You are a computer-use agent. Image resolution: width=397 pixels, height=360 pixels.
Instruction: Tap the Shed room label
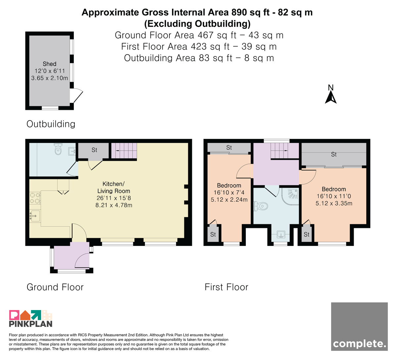pyautogui.click(x=50, y=64)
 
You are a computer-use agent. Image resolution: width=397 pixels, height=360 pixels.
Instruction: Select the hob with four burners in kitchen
pyautogui.click(x=35, y=198)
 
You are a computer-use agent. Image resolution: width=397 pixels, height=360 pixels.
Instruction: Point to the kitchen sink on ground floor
pyautogui.click(x=35, y=216)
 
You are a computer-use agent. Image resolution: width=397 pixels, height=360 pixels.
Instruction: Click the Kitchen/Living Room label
pyautogui.click(x=113, y=187)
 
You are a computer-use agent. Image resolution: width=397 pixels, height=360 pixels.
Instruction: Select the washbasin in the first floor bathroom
pyautogui.click(x=281, y=234)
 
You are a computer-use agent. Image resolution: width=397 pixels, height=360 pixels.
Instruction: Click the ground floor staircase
pyautogui.click(x=124, y=151)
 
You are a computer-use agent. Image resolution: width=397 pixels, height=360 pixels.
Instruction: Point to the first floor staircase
pyautogui.click(x=285, y=151)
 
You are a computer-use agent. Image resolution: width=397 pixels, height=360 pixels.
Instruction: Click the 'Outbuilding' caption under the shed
pyautogui.click(x=51, y=124)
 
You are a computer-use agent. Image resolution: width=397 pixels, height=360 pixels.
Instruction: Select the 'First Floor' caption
pyautogui.click(x=226, y=287)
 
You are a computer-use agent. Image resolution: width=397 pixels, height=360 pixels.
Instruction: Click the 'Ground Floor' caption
pyautogui.click(x=55, y=287)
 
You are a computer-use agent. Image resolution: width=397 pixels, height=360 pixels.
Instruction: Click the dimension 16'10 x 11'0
pyautogui.click(x=334, y=196)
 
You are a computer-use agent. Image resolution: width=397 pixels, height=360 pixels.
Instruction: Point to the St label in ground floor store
pyautogui.click(x=94, y=150)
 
